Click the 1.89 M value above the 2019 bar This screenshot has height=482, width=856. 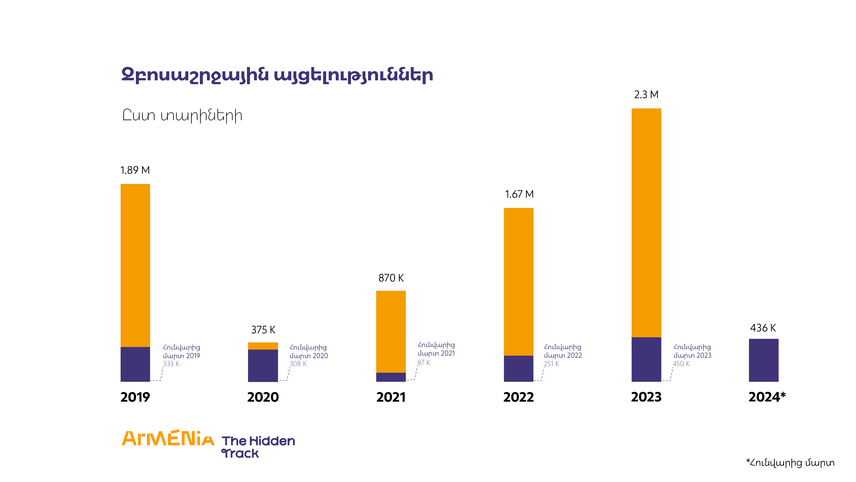pyautogui.click(x=135, y=170)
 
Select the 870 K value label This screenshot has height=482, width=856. pyautogui.click(x=391, y=278)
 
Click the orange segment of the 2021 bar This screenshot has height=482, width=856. pyautogui.click(x=391, y=331)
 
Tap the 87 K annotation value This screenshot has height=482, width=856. pyautogui.click(x=424, y=363)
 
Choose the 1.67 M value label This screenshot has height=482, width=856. pyautogui.click(x=519, y=194)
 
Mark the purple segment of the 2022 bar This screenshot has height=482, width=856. pyautogui.click(x=518, y=368)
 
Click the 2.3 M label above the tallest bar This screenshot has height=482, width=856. pyautogui.click(x=646, y=95)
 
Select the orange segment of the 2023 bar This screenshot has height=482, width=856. pyautogui.click(x=646, y=223)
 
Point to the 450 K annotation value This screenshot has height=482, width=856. pyautogui.click(x=681, y=364)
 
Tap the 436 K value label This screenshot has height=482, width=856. pyautogui.click(x=763, y=328)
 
